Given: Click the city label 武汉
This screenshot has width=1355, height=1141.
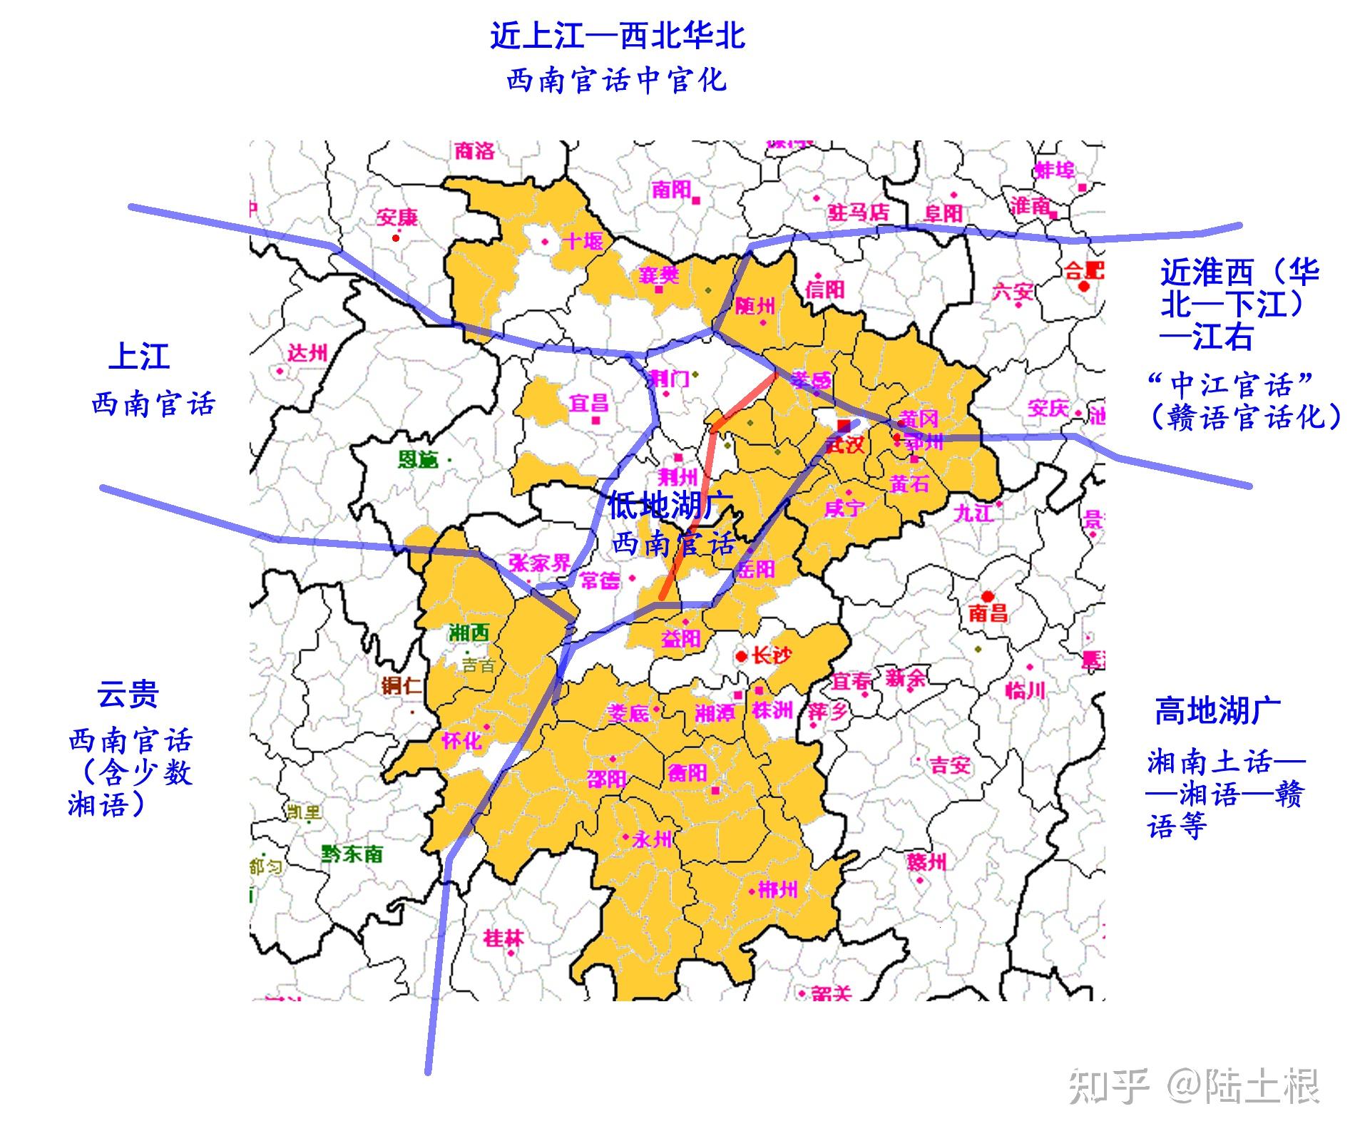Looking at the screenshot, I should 846,445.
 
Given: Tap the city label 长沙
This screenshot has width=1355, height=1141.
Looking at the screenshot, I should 772,655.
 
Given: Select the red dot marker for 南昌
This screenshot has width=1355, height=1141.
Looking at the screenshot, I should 988,596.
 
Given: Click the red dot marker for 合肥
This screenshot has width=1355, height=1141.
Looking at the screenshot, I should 1084,286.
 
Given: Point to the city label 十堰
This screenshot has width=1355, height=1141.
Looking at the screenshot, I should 583,241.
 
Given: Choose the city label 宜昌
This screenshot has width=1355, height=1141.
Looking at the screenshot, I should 588,403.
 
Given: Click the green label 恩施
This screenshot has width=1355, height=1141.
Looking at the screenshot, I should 419,459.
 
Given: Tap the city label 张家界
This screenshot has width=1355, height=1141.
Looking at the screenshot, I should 540,563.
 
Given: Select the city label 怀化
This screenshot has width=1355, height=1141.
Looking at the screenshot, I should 461,741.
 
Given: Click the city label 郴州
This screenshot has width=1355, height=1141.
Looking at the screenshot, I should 778,889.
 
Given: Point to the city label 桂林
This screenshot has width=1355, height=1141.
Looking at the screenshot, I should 503,938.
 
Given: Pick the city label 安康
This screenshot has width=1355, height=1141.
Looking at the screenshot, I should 397,217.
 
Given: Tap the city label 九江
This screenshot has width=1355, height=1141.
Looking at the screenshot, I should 973,512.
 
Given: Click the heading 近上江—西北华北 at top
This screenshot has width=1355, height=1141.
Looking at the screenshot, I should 618,36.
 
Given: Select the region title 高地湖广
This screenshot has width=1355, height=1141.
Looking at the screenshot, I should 1217,711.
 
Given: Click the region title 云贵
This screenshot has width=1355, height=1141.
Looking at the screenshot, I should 128,694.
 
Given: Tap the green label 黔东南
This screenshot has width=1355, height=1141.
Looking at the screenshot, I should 352,854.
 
